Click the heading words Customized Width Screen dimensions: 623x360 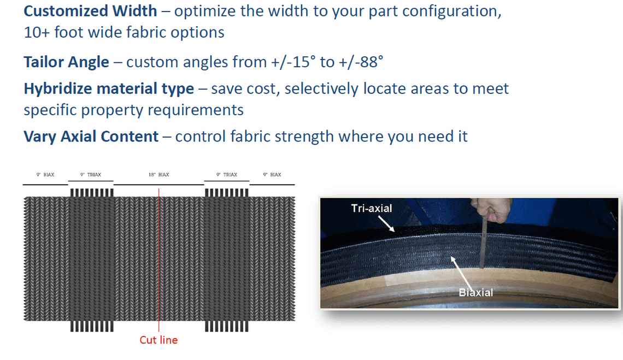(90, 11)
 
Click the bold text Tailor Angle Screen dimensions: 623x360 (66, 62)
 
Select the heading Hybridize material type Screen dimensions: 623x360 (109, 89)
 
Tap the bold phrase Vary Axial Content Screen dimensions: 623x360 (91, 137)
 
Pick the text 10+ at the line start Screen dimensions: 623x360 (37, 33)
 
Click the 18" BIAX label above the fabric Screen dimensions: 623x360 (159, 175)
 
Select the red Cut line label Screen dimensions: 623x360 (158, 340)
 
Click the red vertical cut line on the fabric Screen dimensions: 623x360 (158, 260)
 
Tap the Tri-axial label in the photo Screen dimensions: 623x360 (372, 208)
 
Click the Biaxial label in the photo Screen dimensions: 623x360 (475, 292)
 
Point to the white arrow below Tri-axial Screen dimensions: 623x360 (386, 223)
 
